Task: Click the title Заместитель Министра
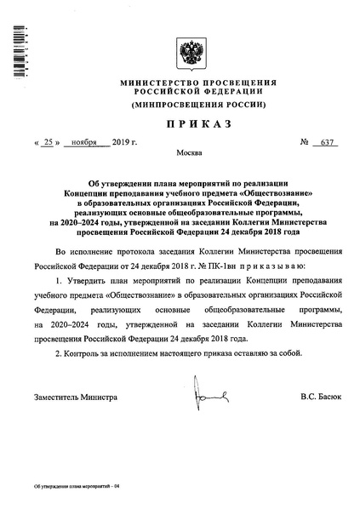pos(75,397)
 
